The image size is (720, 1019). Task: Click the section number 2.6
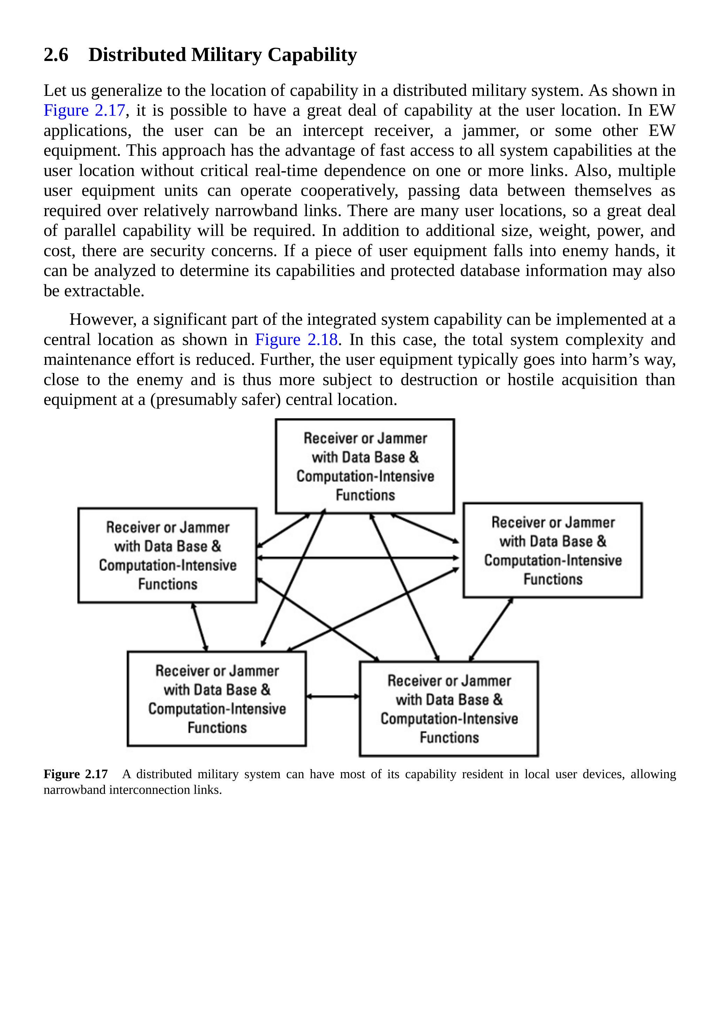click(56, 55)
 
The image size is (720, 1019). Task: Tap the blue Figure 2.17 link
click(84, 110)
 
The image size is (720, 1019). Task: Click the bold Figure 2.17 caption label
click(76, 774)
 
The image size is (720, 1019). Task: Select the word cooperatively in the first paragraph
click(349, 191)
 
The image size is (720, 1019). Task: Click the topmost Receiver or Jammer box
click(365, 466)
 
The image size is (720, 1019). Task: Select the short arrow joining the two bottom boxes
click(333, 697)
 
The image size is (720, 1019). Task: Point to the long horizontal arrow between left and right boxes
click(357, 558)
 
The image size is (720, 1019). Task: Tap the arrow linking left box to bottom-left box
click(200, 627)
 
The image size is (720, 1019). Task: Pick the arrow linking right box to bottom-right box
click(491, 629)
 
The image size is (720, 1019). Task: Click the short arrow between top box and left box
click(284, 530)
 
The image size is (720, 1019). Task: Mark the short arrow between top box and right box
click(425, 528)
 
